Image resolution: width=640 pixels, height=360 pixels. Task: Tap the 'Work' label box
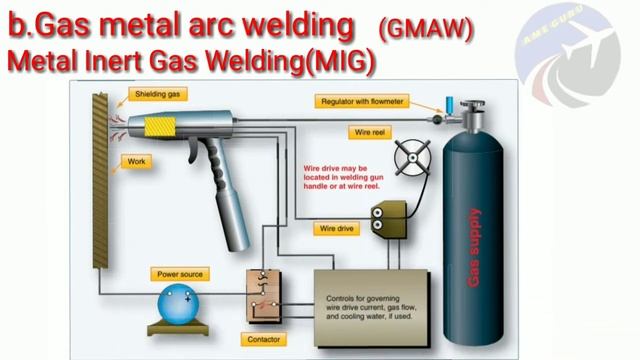[x=134, y=161]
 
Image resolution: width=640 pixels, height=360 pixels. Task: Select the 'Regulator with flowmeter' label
[x=365, y=101]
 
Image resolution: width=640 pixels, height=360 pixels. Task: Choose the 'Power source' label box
[x=181, y=273]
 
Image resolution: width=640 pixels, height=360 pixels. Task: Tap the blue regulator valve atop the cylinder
[x=450, y=103]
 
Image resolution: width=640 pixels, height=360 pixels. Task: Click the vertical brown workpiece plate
[x=99, y=179]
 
